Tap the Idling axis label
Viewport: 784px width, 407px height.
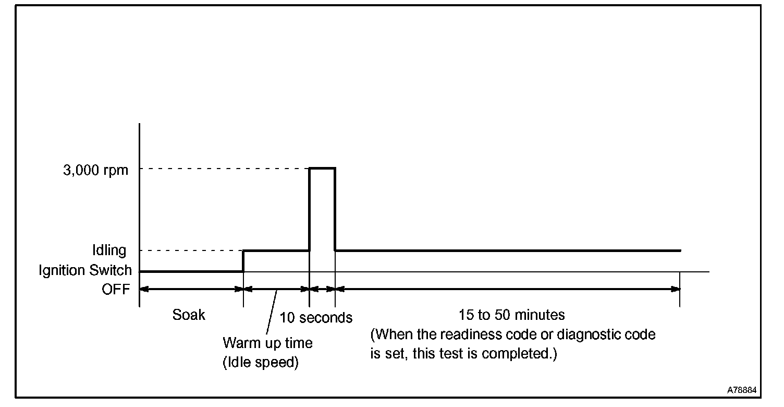(109, 250)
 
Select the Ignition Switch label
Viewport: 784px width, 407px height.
(85, 270)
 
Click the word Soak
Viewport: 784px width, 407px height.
(189, 315)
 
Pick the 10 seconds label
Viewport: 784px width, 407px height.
(316, 317)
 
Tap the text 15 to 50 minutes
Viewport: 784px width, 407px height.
(511, 315)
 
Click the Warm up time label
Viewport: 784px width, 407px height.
(267, 343)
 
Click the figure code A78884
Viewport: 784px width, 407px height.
(743, 390)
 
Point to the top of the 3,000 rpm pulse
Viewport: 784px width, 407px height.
(322, 168)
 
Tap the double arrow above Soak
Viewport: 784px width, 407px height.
(191, 289)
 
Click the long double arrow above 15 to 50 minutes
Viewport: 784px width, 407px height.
(508, 289)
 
